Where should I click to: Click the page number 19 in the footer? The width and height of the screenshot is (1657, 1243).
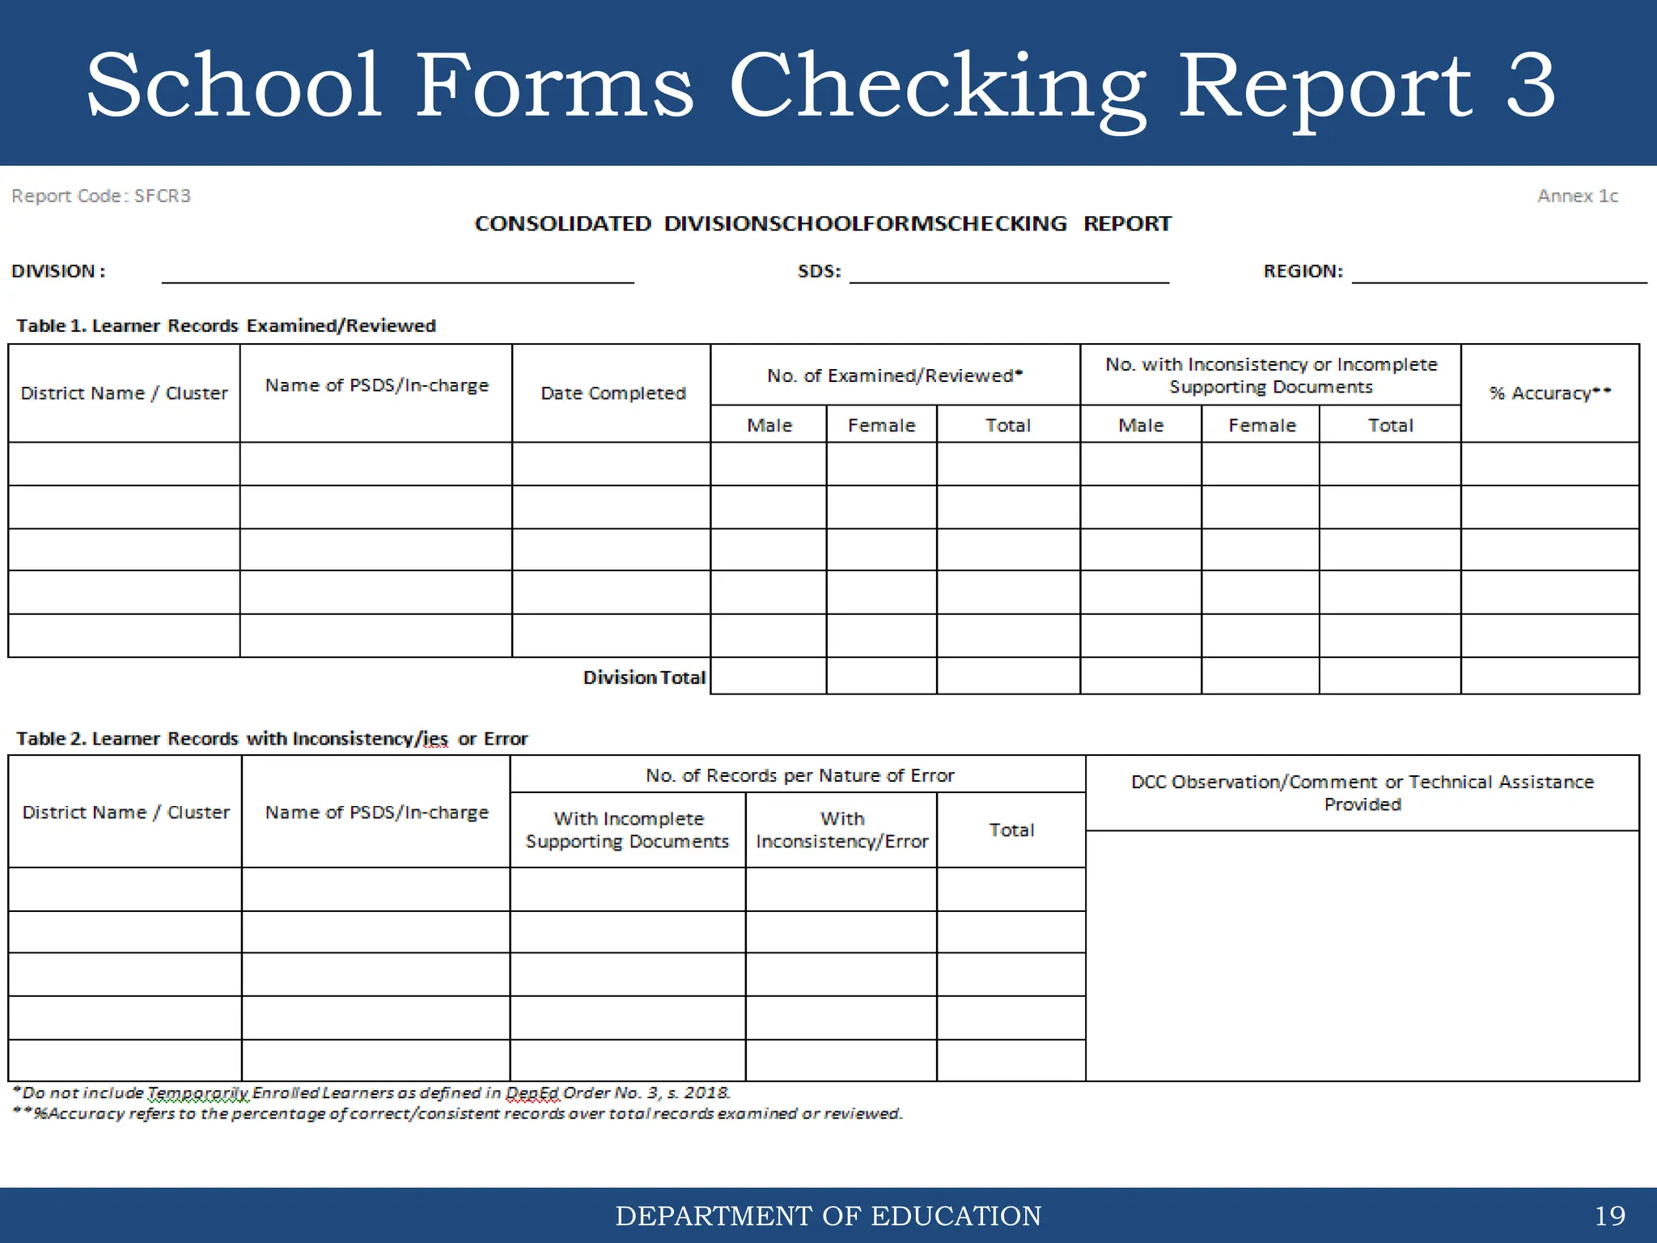(x=1609, y=1215)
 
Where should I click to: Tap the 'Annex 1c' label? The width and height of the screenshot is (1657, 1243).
(x=1577, y=196)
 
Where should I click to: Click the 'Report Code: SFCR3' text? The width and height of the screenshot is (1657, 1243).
(x=101, y=196)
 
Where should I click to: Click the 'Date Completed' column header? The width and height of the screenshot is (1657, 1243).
(x=612, y=393)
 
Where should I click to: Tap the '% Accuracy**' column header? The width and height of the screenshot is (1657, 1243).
(x=1549, y=393)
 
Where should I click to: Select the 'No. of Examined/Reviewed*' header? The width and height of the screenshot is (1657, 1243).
(x=895, y=375)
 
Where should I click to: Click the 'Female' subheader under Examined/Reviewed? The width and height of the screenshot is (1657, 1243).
(x=881, y=426)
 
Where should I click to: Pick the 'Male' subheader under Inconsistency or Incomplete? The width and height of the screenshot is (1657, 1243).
(x=1141, y=426)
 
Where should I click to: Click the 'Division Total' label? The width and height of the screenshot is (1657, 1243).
(x=644, y=677)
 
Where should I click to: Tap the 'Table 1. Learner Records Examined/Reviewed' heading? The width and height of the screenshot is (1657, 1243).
(x=226, y=325)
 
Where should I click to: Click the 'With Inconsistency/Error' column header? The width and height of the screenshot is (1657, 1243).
(x=841, y=830)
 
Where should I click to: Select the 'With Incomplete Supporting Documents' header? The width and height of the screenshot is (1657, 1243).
(x=627, y=830)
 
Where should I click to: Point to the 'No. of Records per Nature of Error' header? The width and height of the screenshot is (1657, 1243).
(x=799, y=775)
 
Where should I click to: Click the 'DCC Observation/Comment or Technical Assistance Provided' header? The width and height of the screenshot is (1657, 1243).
(x=1362, y=793)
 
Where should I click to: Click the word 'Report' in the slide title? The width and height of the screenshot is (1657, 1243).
(x=1324, y=86)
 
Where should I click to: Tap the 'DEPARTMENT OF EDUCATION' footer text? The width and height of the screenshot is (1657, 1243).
(x=828, y=1215)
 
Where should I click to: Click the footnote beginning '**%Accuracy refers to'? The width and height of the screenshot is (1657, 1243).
(x=458, y=1114)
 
